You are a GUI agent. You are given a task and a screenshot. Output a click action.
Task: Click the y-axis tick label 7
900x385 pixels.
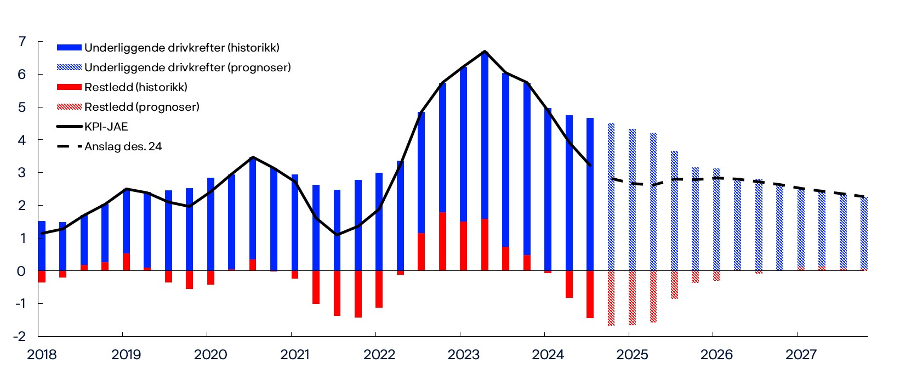coord(22,42)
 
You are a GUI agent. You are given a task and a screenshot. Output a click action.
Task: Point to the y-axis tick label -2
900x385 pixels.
coord(20,336)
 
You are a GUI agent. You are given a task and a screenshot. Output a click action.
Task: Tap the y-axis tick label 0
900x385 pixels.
coord(21,271)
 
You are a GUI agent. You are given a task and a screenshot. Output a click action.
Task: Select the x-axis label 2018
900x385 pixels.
coord(42,355)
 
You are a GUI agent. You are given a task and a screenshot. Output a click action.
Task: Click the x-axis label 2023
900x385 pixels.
coord(463,355)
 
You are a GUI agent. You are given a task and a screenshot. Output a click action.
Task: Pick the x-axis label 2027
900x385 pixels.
coord(801,355)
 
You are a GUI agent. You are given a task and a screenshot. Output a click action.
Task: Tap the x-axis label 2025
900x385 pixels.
coord(632,355)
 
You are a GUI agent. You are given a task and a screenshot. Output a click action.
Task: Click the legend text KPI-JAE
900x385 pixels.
coord(106,127)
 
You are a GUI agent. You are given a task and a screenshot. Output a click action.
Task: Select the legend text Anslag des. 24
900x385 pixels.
coord(123,146)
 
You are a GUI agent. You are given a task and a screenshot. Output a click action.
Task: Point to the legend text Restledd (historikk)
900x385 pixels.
coord(136,87)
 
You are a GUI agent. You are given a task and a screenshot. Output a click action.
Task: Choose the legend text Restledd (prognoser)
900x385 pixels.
coord(142,107)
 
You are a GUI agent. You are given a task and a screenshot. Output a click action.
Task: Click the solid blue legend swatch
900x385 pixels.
coord(69,48)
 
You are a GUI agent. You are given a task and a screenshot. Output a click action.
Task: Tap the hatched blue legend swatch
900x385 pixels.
coord(69,67)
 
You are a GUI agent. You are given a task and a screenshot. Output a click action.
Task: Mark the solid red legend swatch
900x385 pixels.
coord(69,87)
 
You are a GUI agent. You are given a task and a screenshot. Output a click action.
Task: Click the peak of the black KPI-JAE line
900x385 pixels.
coord(485,52)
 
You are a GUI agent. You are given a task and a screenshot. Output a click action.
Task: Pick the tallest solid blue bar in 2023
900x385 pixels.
coord(485,137)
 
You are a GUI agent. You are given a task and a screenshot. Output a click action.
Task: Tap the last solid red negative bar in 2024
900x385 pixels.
coord(590,294)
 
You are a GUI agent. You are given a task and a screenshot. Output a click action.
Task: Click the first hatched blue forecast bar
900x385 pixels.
coord(611,197)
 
